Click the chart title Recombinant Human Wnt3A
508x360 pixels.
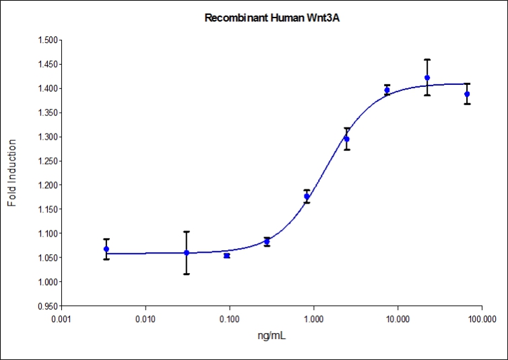coord(276,18)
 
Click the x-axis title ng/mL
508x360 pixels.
coord(272,334)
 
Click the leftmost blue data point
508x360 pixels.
coord(106,249)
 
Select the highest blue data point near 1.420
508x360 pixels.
coord(427,78)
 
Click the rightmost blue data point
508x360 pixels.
coord(467,94)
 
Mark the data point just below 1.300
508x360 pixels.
coord(346,139)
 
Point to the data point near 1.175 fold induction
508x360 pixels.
coord(307,196)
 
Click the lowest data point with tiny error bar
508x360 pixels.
coord(226,256)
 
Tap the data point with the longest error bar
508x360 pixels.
coord(187,253)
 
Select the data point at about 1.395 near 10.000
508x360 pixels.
coord(387,90)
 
